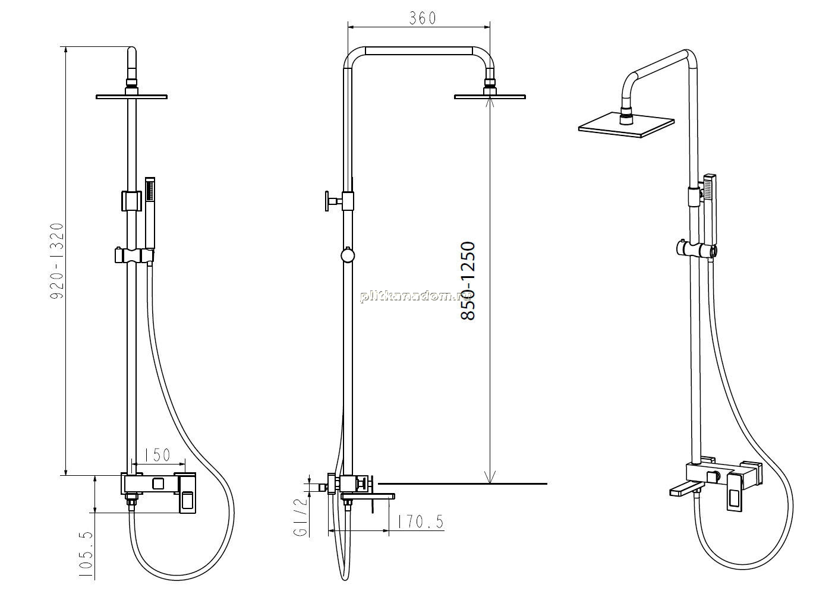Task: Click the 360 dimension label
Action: point(423,18)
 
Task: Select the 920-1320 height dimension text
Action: point(57,261)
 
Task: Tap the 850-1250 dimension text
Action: point(468,281)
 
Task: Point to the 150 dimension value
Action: point(157,455)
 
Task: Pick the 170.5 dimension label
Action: point(420,522)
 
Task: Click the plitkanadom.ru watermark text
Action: point(417,296)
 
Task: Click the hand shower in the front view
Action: point(150,213)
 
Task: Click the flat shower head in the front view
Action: point(131,96)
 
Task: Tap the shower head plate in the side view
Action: point(490,97)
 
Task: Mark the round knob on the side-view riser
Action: point(347,255)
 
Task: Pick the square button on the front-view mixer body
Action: point(158,484)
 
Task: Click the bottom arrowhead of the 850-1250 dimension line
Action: point(491,477)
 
